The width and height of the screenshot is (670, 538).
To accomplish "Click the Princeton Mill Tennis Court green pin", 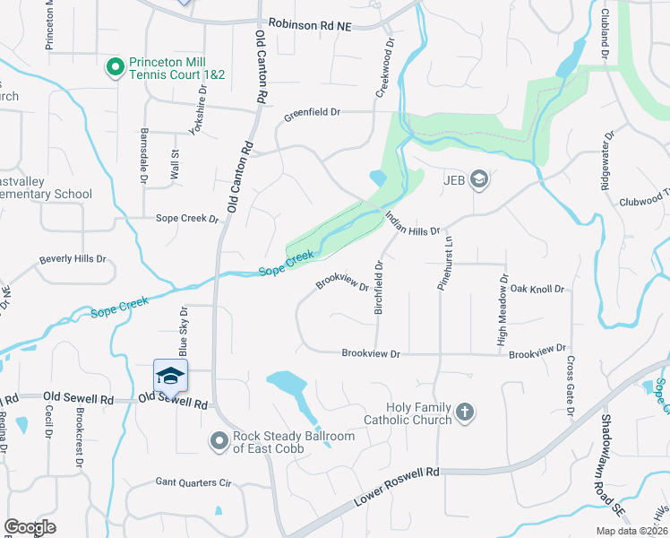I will (115, 67).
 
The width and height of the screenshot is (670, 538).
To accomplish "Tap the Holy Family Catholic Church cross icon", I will (464, 412).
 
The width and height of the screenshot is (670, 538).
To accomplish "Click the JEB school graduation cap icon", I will (479, 179).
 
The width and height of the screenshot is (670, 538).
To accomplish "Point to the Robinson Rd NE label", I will (310, 26).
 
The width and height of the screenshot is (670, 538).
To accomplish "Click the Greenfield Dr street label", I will (313, 114).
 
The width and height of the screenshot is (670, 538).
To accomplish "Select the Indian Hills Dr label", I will (412, 224).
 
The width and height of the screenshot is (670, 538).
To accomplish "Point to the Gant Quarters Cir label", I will (193, 482).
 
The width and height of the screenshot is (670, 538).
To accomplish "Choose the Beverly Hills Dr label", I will (72, 260).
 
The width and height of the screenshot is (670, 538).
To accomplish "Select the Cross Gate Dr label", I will (570, 386).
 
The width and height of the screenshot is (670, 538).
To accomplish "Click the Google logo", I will (30, 527).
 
